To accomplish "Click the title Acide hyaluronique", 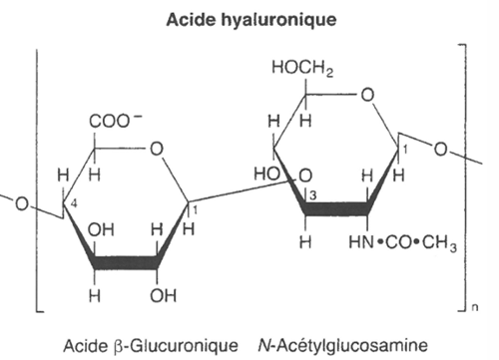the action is pos(249,19).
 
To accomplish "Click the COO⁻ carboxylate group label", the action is pos(113,124).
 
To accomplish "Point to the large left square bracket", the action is pos(37,180).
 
